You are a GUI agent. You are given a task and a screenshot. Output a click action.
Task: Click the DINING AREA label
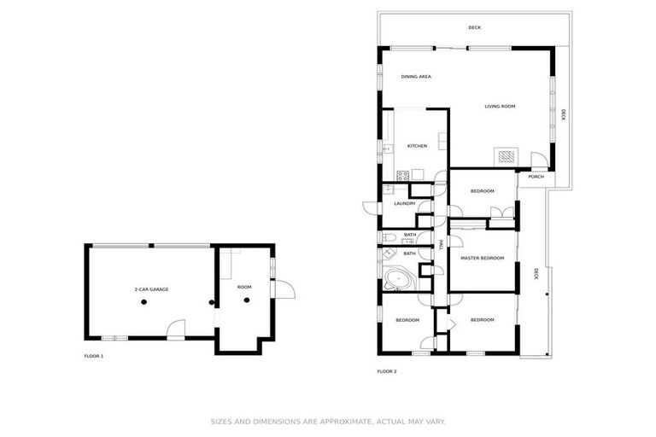(416, 77)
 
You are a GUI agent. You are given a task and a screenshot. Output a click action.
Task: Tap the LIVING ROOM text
(500, 107)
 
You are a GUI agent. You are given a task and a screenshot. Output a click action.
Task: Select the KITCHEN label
(417, 146)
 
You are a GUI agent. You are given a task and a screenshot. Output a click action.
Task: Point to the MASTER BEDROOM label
(482, 258)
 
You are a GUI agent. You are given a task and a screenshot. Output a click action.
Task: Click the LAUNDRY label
(405, 203)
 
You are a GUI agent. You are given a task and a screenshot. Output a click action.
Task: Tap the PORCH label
(536, 177)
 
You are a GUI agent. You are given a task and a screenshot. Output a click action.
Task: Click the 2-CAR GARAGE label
(151, 290)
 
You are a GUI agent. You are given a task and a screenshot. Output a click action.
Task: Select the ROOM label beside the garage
(244, 287)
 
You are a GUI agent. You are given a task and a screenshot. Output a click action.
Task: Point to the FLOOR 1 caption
(93, 356)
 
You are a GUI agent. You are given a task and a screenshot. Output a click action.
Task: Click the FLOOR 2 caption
(387, 371)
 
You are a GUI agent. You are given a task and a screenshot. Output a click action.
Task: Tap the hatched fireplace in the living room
(507, 157)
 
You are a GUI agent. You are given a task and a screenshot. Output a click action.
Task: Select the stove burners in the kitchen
(402, 175)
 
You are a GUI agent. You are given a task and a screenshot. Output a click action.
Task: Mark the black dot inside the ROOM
(247, 300)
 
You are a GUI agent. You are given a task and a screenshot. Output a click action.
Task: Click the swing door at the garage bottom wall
(176, 329)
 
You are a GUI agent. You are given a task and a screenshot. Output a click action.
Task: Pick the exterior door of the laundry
(371, 208)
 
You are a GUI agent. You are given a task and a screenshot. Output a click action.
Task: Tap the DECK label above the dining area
(474, 27)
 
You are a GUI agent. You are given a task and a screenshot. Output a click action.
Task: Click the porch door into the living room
(538, 160)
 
